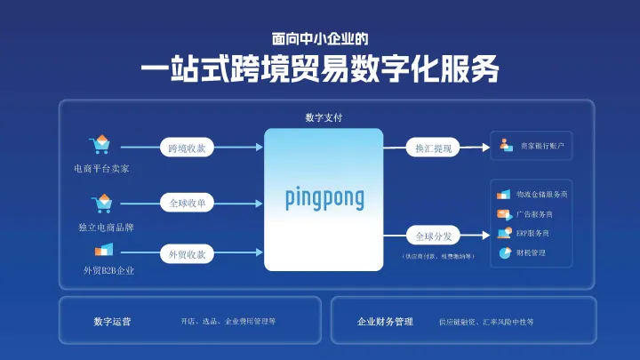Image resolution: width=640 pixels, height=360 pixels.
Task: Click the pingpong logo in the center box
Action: click(x=324, y=197)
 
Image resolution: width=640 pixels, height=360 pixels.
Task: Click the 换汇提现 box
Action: click(x=434, y=148)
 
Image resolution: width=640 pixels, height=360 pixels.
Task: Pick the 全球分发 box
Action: click(x=434, y=236)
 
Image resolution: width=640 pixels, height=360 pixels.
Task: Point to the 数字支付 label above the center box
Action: click(x=324, y=117)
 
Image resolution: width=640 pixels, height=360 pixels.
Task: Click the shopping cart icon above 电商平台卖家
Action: click(x=100, y=145)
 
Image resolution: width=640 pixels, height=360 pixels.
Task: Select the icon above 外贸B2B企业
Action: click(x=105, y=249)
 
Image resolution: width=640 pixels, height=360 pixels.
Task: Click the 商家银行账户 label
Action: click(x=542, y=145)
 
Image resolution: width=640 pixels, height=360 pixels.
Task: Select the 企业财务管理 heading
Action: click(x=385, y=321)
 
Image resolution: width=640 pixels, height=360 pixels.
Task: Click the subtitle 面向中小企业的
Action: click(x=319, y=39)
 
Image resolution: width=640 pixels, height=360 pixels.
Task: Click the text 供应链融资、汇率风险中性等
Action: click(x=486, y=322)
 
